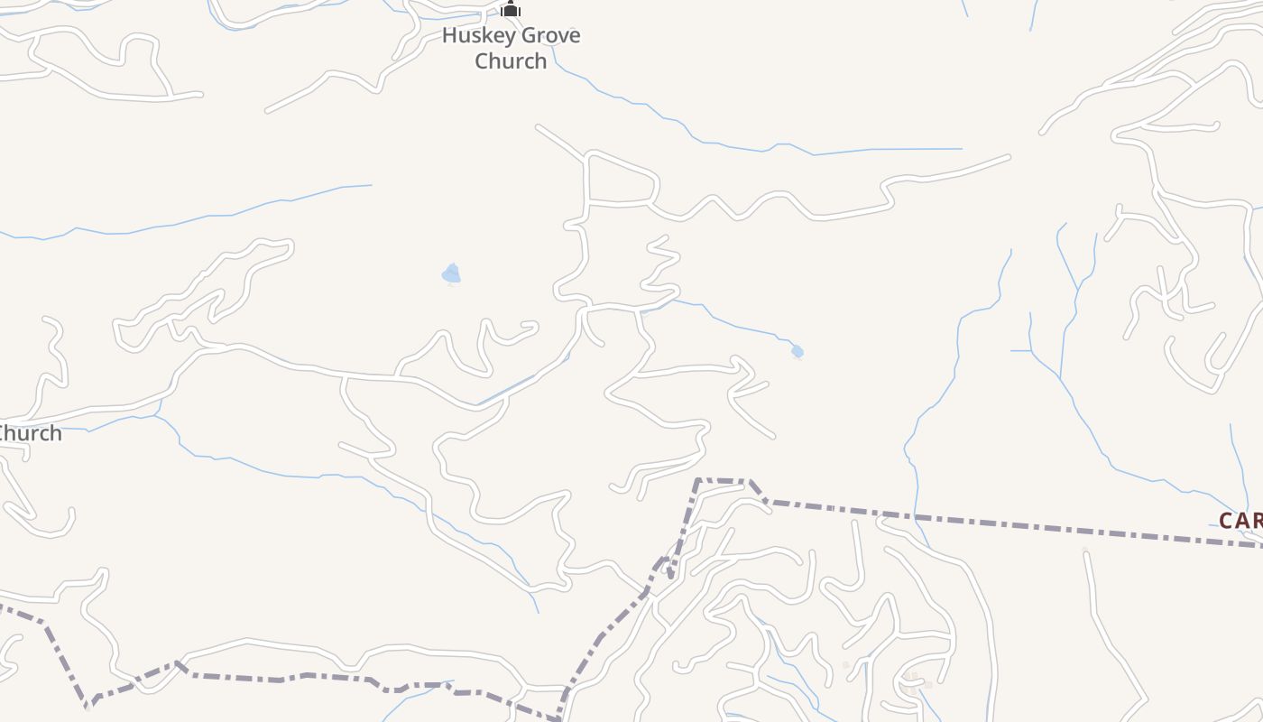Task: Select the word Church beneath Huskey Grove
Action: point(511,61)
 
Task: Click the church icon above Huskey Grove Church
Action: point(511,9)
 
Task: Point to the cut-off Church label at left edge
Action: point(30,433)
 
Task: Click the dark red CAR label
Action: point(1240,521)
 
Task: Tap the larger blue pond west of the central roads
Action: point(451,273)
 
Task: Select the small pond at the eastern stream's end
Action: point(797,352)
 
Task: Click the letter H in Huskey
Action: point(448,36)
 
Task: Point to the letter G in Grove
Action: point(523,36)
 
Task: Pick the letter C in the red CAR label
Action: point(1226,521)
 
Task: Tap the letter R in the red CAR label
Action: point(1258,521)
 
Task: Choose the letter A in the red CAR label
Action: point(1242,521)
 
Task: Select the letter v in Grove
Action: point(559,37)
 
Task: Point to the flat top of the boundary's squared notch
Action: point(723,480)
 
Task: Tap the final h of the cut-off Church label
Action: point(56,433)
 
